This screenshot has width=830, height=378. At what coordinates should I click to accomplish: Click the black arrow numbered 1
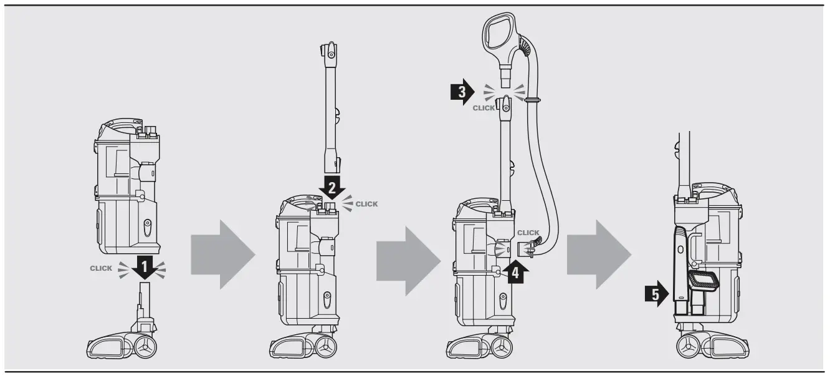pos(144,268)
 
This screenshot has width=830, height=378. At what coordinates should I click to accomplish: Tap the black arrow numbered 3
pos(462,93)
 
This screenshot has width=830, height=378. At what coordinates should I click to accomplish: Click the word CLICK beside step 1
pos(101,268)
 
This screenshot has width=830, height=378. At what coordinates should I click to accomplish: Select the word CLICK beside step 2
pos(366,204)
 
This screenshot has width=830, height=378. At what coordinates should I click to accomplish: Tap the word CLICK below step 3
pos(484,108)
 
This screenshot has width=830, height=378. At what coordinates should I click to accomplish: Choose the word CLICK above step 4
pos(528,233)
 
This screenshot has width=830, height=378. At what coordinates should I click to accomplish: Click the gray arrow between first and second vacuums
pos(222,256)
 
